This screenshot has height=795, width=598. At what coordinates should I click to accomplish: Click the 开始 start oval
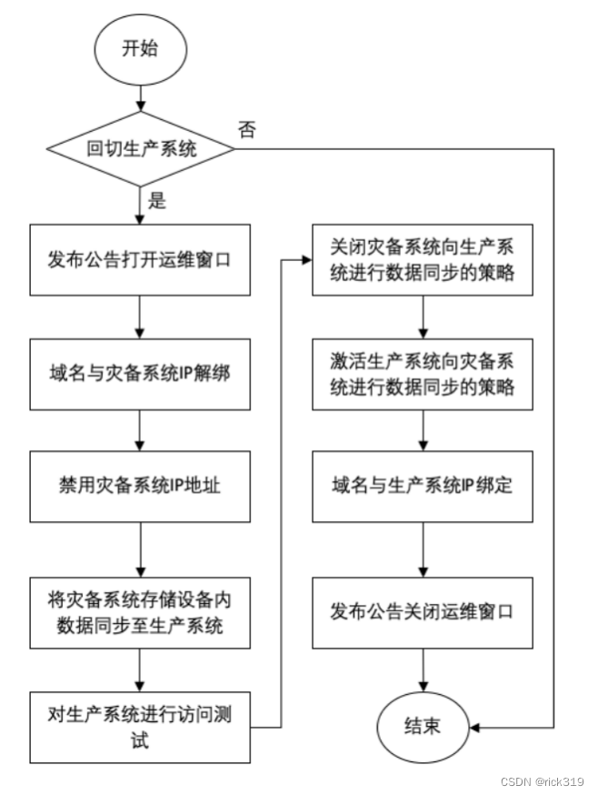click(139, 46)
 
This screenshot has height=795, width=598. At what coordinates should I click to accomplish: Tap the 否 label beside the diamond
click(245, 129)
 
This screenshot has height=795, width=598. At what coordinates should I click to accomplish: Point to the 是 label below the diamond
click(157, 200)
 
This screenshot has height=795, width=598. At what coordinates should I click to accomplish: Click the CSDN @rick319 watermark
click(543, 780)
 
